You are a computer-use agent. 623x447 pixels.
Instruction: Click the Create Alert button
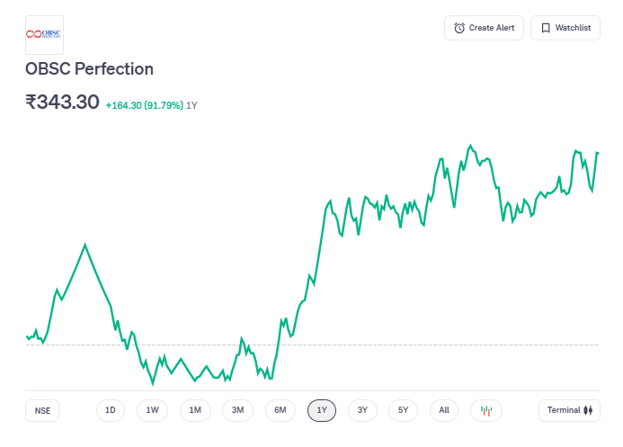tap(484, 28)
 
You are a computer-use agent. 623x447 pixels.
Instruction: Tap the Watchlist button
tap(565, 28)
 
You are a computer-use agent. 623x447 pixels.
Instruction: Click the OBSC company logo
tap(44, 34)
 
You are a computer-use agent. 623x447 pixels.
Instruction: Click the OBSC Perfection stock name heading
tap(89, 69)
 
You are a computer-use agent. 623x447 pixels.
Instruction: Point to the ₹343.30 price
tap(62, 103)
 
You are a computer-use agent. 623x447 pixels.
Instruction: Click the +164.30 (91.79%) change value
tap(144, 105)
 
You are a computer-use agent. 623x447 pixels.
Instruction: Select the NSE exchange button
tap(42, 410)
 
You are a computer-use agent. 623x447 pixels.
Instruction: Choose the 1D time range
tap(110, 410)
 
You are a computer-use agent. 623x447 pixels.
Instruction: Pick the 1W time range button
tap(152, 410)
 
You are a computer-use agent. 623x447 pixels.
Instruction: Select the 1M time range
tap(195, 410)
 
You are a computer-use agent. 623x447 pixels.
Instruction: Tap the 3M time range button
tap(237, 410)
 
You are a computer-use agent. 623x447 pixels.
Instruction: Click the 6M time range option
tap(280, 410)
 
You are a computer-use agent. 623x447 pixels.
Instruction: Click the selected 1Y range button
tap(322, 410)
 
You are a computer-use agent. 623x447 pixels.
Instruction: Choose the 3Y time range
tap(362, 410)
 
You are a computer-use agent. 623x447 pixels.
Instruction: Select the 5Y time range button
tap(404, 410)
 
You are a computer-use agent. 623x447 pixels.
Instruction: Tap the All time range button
tap(444, 410)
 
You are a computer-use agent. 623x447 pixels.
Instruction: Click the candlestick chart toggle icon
tap(486, 410)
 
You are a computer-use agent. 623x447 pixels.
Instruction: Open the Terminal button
tap(570, 410)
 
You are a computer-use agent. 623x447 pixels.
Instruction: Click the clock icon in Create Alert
tap(459, 28)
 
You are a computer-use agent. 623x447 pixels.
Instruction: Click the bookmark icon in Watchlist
tap(546, 28)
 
